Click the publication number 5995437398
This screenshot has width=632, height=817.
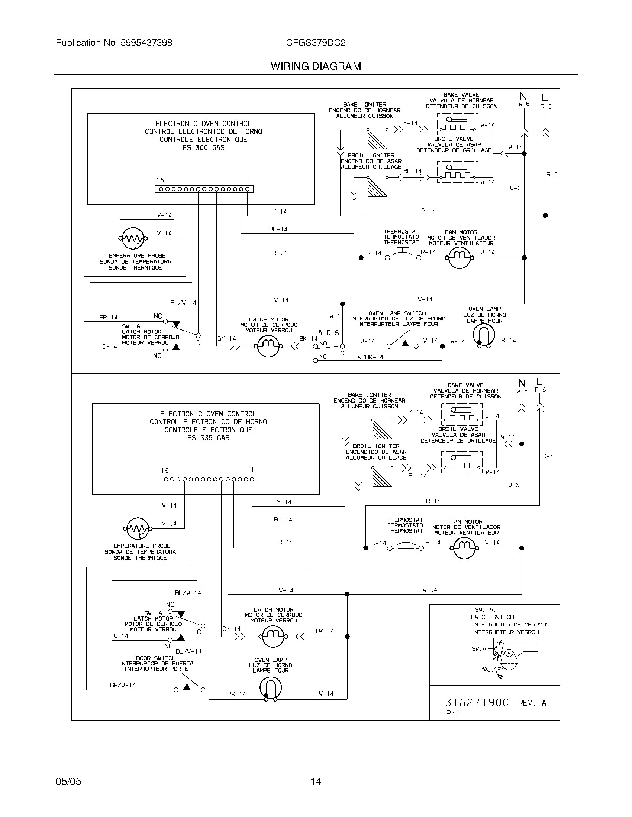tap(146, 43)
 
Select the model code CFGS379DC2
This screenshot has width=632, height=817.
tap(316, 43)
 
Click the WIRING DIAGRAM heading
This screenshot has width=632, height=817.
tap(316, 66)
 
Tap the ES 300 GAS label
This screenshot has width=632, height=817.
tap(203, 148)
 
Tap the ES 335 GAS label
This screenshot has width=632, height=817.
tap(208, 438)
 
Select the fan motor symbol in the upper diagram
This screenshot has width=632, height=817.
tap(460, 258)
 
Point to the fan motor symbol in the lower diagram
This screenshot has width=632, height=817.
tap(464, 548)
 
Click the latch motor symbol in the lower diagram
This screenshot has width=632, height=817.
tap(273, 636)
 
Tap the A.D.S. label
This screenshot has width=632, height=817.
tap(329, 333)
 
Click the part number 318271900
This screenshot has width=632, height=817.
tap(477, 703)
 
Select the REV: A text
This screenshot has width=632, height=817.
tap(532, 703)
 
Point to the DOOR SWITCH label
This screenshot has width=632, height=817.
tap(156, 658)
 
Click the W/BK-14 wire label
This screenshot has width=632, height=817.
tap(370, 357)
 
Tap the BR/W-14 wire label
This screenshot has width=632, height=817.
tap(123, 685)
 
